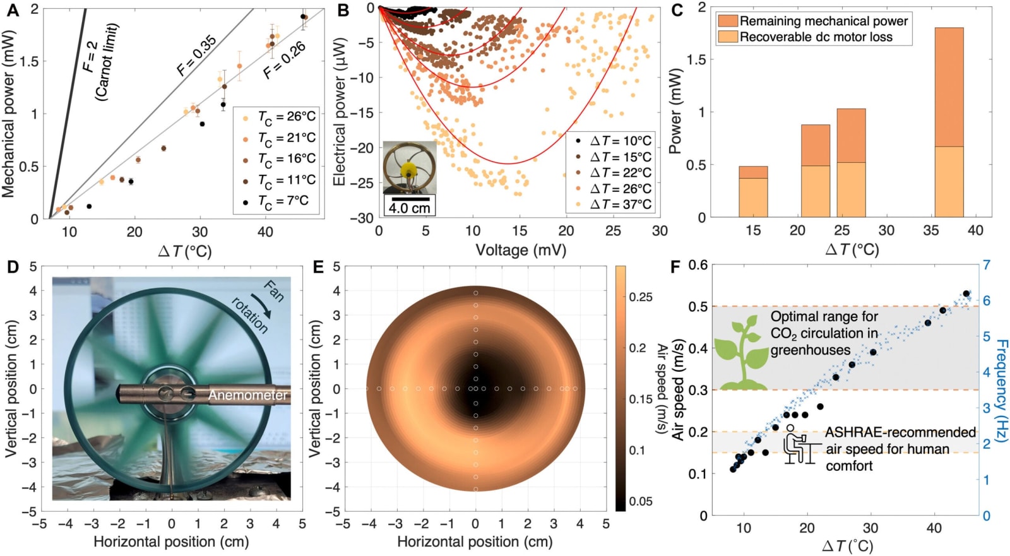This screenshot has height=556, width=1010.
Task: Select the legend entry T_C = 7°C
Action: (277, 201)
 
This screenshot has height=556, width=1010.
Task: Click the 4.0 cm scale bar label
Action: (409, 208)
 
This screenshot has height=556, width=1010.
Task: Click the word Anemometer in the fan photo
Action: (247, 395)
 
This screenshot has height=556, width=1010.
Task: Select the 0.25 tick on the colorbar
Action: (641, 297)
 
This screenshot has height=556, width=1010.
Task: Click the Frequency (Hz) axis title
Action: (1001, 390)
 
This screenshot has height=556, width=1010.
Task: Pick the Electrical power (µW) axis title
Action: (340, 112)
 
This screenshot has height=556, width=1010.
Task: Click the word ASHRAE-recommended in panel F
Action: (900, 432)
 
